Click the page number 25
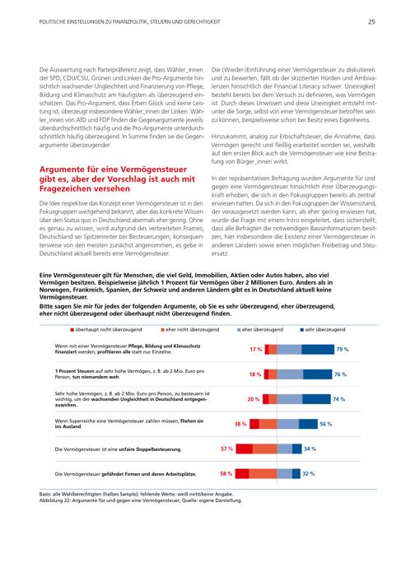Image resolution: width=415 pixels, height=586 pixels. [371, 21]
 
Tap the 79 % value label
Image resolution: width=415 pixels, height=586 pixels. [342, 350]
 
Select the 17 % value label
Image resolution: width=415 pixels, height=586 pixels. [256, 350]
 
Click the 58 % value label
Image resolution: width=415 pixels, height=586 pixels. [226, 473]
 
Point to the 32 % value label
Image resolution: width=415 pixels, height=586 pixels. [309, 473]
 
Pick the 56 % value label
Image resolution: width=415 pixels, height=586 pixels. [325, 424]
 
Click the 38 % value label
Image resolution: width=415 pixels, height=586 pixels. [240, 424]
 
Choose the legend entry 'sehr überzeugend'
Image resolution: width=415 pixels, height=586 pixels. [323, 329]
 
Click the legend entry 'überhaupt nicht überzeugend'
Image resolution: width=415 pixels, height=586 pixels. [106, 329]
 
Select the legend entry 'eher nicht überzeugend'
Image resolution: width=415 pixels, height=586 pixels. [190, 329]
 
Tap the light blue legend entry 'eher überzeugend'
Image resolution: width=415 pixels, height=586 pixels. [260, 329]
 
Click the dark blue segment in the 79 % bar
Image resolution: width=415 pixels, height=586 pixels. [318, 350]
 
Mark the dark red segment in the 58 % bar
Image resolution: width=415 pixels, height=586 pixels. [242, 473]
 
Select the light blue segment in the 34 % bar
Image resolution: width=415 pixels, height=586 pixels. [285, 449]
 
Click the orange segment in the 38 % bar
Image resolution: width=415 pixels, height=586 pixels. [268, 424]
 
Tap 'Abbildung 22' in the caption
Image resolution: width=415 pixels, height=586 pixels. [54, 500]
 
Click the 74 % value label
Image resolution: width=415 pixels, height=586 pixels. [338, 399]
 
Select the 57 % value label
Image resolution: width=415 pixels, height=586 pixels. [226, 449]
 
